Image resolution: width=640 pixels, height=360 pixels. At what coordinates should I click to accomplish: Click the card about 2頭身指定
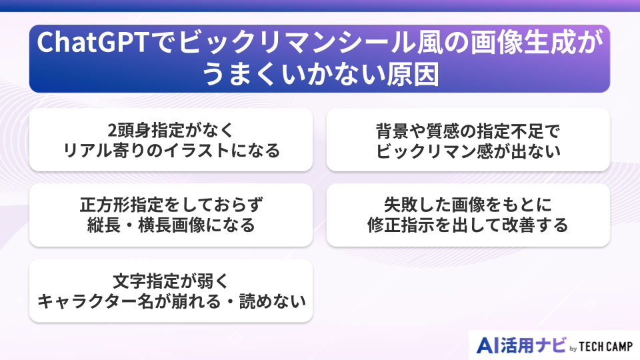click(171, 139)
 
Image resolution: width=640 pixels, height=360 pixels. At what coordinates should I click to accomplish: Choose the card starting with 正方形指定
click(171, 215)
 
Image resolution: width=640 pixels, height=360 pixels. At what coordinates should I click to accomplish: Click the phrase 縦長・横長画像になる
click(171, 225)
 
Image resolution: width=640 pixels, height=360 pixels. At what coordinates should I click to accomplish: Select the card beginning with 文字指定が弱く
click(171, 291)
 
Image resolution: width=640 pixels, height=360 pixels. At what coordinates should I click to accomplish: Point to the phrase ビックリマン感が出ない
click(467, 151)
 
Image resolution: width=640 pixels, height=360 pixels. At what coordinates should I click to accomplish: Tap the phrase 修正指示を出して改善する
click(467, 225)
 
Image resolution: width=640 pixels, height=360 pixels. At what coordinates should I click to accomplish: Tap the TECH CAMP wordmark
click(604, 346)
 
